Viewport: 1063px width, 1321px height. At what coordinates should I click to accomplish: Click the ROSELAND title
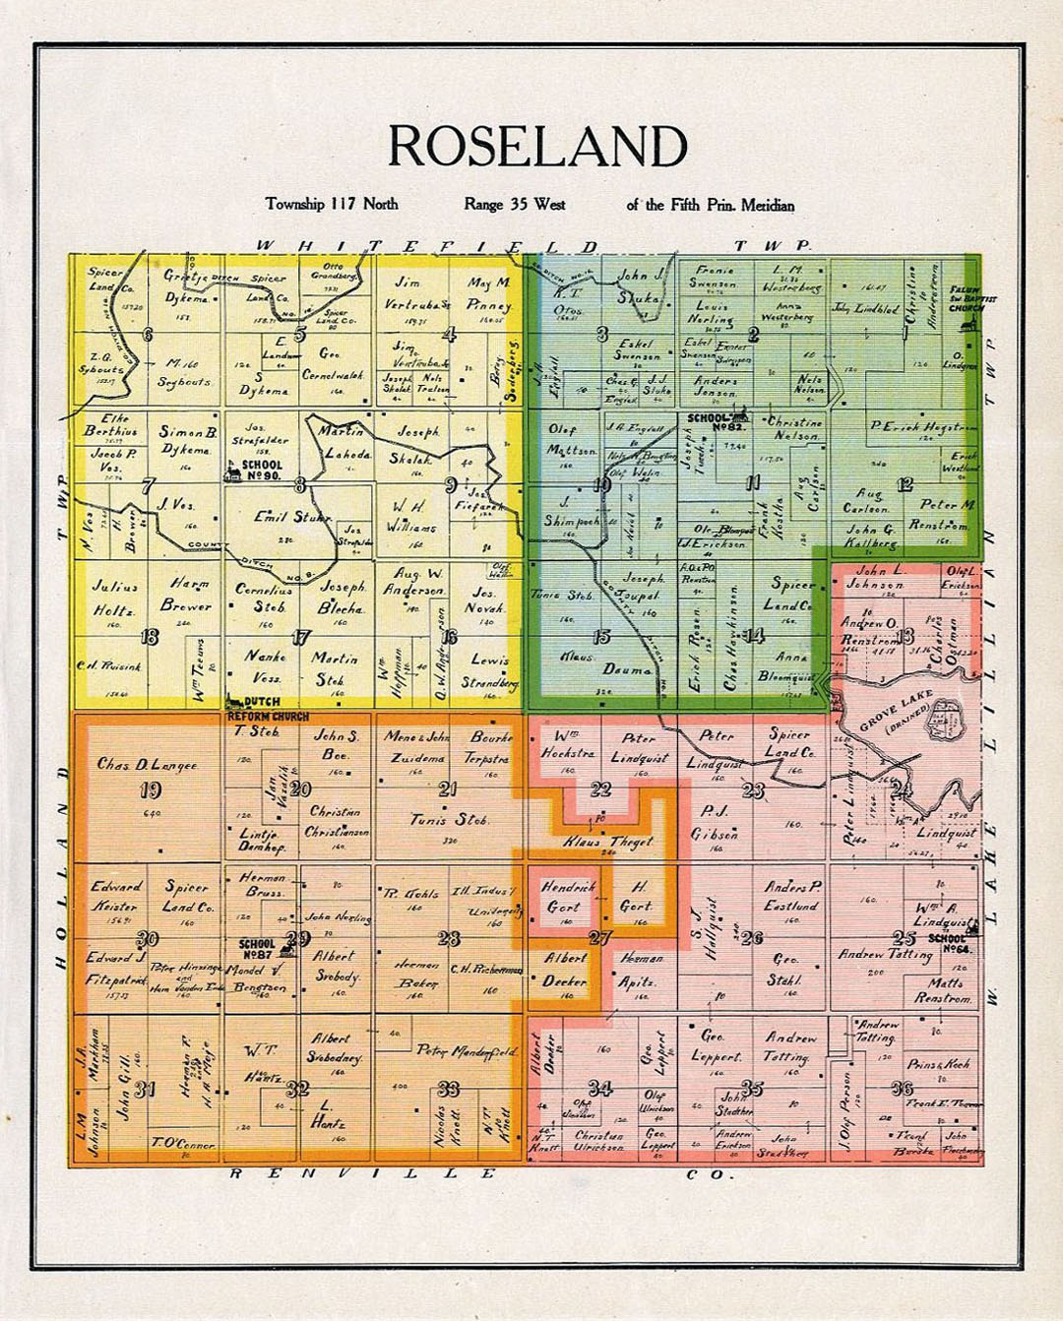point(536,148)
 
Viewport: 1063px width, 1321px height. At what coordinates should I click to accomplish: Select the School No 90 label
point(262,471)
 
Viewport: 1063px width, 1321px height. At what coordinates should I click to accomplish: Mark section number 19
point(151,789)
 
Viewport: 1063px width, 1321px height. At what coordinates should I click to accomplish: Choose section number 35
point(751,1088)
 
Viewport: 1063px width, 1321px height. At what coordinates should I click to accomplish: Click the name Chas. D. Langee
point(147,764)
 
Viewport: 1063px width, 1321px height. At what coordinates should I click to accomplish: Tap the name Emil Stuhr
point(291,517)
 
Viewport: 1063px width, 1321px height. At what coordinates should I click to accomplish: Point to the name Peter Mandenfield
point(467,1051)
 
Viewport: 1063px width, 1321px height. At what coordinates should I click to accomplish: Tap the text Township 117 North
point(332,204)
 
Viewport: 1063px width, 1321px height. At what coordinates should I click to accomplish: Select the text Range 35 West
point(514,205)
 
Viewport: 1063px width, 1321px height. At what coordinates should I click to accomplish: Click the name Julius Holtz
point(114,598)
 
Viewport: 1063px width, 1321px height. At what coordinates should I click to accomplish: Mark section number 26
point(752,938)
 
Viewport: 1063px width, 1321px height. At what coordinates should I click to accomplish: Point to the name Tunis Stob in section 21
point(448,819)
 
